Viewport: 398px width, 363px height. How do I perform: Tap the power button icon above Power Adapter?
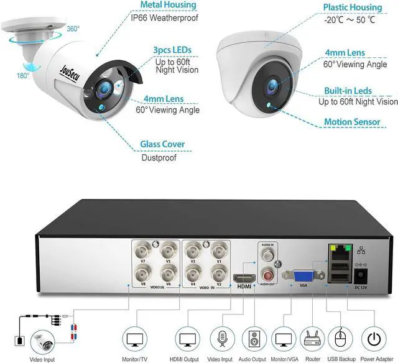tap(374, 340)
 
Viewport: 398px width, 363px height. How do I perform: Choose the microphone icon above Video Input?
tap(221, 340)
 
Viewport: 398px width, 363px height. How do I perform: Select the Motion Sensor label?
tap(351, 122)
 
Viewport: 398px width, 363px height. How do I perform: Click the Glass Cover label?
tap(162, 144)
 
